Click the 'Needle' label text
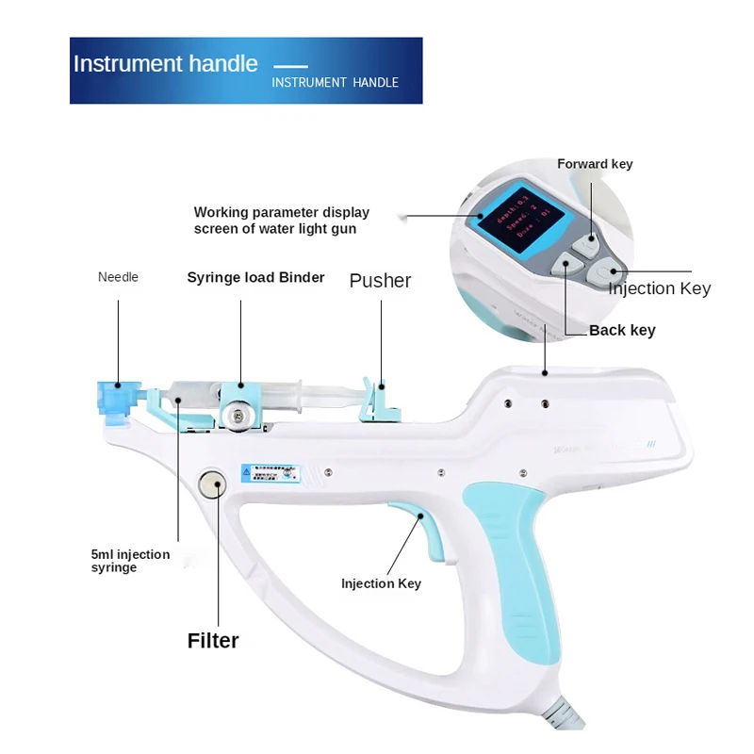pos(118,277)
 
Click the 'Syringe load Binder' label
pos(255,277)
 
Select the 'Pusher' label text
pos(380,280)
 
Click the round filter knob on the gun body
pos(212,486)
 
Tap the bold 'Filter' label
pos(213,641)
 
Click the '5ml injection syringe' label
pos(130,561)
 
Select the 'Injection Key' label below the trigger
pos(381,583)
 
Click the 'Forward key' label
pos(595,164)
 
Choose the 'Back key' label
pos(622,330)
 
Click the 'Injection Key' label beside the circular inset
pos(659,288)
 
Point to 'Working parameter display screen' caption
pos(281,221)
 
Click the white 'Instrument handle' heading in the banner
pos(165,64)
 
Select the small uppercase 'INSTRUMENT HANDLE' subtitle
pos(335,83)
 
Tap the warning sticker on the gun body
pos(271,471)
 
